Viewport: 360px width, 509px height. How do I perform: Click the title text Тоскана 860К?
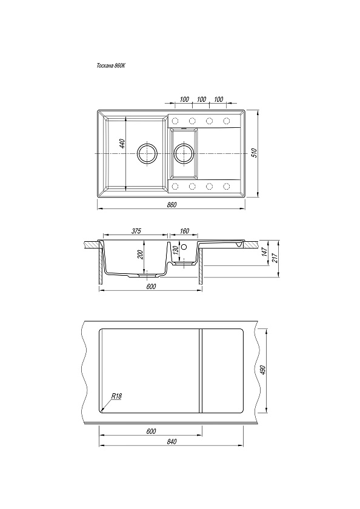click(111, 65)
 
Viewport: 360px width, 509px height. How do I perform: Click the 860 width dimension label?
click(172, 205)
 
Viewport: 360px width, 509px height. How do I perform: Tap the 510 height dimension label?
click(255, 153)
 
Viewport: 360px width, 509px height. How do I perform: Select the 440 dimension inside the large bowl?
click(122, 144)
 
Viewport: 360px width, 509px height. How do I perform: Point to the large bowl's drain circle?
click(147, 153)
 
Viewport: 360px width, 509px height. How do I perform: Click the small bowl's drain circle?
click(184, 153)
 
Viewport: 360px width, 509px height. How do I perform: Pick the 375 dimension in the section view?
click(136, 231)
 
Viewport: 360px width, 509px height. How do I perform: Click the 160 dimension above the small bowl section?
click(184, 231)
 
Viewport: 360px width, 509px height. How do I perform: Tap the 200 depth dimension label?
click(141, 254)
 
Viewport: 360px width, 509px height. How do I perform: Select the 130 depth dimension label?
click(175, 251)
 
